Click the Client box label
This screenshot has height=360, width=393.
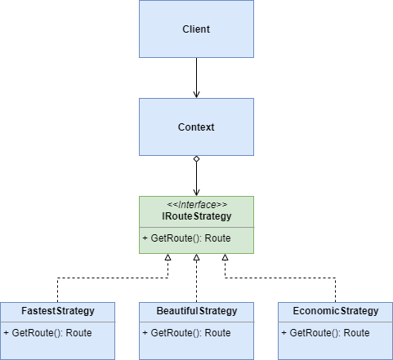tap(196, 29)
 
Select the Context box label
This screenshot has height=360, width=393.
tap(196, 127)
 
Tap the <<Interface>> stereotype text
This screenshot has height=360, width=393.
tap(196, 205)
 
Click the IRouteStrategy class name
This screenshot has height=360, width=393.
tap(196, 217)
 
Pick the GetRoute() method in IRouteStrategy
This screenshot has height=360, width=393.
tap(186, 238)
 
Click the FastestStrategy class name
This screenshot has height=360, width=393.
tap(57, 311)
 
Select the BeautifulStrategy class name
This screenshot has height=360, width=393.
tap(196, 311)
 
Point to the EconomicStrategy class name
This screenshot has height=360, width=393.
tap(335, 311)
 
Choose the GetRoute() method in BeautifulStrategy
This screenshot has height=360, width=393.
tap(186, 332)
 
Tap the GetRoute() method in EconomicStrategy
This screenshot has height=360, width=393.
tap(325, 332)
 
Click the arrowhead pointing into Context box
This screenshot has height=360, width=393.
tap(196, 94)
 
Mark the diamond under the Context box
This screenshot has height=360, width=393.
tap(196, 160)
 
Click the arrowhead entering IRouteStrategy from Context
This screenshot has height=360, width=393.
tap(196, 192)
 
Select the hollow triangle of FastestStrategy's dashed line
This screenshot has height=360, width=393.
tap(167, 258)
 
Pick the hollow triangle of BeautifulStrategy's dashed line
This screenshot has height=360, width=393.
tap(196, 258)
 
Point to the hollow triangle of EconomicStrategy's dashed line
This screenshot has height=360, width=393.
tap(225, 258)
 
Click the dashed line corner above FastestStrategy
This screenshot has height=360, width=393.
tap(57, 278)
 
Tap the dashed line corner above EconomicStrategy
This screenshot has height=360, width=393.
tap(335, 278)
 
